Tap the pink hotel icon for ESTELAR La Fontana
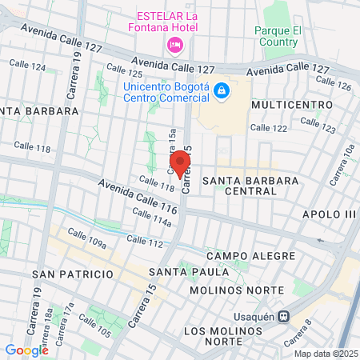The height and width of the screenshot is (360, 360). pyautogui.click(x=174, y=44)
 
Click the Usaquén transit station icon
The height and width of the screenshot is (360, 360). pyautogui.click(x=283, y=315)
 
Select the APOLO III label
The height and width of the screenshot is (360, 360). pyautogui.click(x=328, y=214)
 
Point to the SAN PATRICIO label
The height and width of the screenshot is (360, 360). pyautogui.click(x=73, y=274)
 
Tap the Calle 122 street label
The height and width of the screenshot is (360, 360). pyautogui.click(x=268, y=128)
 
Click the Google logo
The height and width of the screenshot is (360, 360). pyautogui.click(x=26, y=350)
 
